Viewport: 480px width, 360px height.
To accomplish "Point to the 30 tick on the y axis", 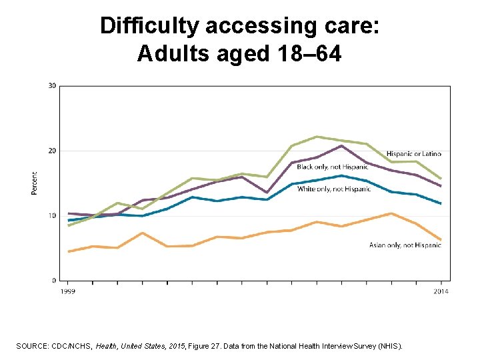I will pos(52,85).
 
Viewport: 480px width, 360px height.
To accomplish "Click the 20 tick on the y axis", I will pos(52,151).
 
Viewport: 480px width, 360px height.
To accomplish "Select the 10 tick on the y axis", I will pos(52,215).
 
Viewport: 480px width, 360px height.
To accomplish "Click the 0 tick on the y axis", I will pos(54,280).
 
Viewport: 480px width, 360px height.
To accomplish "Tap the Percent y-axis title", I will pos(34,183).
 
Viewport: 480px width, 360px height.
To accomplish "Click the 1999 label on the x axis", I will pos(67,291).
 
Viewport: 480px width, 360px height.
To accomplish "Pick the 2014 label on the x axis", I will pos(441,291).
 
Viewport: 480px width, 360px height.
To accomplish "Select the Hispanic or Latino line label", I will pos(413,154).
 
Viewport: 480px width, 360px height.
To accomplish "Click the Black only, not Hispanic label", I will pos(332,167).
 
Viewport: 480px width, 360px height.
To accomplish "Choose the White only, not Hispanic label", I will pos(333,189).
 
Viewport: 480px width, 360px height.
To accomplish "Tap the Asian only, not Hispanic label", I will pos(405,245).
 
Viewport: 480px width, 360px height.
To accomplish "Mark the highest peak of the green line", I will pos(317,137).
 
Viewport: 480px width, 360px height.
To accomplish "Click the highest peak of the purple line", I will pos(341,145).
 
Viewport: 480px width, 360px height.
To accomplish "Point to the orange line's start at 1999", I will pos(68,251).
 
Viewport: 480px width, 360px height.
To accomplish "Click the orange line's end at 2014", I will pos(441,239).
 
